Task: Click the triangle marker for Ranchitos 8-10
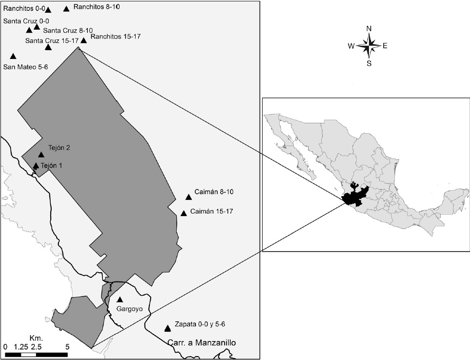(66, 9)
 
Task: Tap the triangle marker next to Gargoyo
(120, 300)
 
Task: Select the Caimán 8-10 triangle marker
(188, 197)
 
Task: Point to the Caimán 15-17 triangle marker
(184, 213)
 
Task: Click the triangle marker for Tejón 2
(41, 155)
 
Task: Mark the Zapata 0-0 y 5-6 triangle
(168, 328)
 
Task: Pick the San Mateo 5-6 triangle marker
(13, 57)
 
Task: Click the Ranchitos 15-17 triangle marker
(84, 40)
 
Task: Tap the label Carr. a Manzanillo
(202, 343)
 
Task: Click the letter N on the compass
(369, 29)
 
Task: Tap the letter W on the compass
(351, 46)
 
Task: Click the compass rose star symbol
(369, 46)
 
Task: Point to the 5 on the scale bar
(67, 346)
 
